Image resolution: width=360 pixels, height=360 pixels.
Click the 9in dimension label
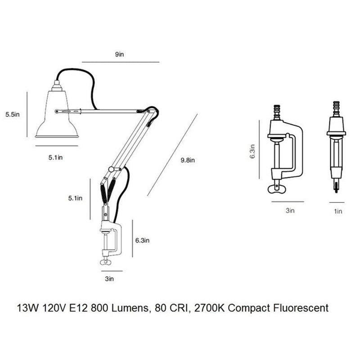click(119, 54)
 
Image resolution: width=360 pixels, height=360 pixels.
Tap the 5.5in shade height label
click(13, 114)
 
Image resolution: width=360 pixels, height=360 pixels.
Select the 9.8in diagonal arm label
click(188, 160)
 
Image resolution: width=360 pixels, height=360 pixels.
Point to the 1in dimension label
click(338, 211)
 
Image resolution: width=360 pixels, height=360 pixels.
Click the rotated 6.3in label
click(252, 151)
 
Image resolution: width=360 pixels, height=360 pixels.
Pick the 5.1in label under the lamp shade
click(55, 157)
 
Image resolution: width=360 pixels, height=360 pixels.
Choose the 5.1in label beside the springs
click(75, 198)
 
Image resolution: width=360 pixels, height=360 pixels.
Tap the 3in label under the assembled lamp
click(109, 279)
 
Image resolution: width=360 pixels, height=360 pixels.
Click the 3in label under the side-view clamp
click(290, 210)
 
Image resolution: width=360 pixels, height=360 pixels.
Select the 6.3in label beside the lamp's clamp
click(142, 240)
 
